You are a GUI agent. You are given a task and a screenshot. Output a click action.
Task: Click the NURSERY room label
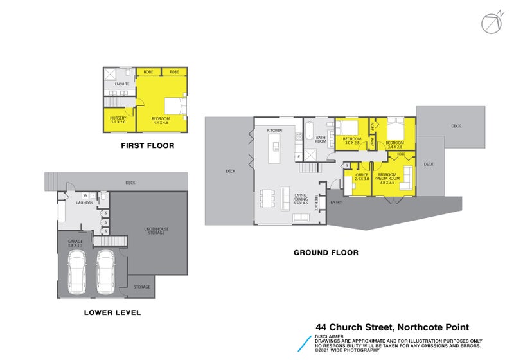117,120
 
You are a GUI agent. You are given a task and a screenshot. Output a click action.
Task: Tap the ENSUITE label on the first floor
123,84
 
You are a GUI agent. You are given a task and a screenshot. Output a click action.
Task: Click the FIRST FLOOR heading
148,146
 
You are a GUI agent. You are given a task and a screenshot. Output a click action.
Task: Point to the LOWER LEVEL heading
112,313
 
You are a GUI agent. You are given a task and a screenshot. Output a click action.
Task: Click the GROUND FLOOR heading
326,253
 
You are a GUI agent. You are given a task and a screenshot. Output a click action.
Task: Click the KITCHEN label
274,130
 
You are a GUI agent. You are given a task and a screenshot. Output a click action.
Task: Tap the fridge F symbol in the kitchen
297,156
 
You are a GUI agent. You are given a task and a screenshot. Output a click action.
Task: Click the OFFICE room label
362,177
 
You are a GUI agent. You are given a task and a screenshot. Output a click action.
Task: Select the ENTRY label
336,203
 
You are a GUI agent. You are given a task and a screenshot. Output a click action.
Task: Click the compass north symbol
490,22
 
